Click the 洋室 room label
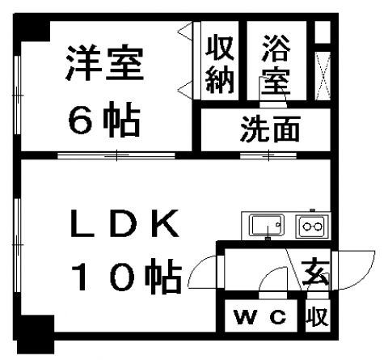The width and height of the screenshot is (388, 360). (x=104, y=63)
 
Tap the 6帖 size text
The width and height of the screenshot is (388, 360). (x=104, y=119)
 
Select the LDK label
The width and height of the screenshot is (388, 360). (x=124, y=223)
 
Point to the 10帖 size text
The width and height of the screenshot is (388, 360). (x=127, y=276)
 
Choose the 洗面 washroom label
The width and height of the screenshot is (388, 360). (x=270, y=129)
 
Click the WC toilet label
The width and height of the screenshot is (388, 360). (x=260, y=316)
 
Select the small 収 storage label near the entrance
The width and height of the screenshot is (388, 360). (x=318, y=316)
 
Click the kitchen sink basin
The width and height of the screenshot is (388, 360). (x=267, y=225)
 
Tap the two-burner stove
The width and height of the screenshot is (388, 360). (x=312, y=226)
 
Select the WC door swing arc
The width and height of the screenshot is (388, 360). (x=269, y=273)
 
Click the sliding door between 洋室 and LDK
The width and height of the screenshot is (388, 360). (x=116, y=155)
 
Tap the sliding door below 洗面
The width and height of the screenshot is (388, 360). (x=268, y=155)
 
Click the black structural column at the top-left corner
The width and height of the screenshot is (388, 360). (x=32, y=27)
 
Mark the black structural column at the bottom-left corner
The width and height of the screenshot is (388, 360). (x=36, y=334)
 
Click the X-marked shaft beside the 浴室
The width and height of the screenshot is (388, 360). (x=323, y=76)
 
